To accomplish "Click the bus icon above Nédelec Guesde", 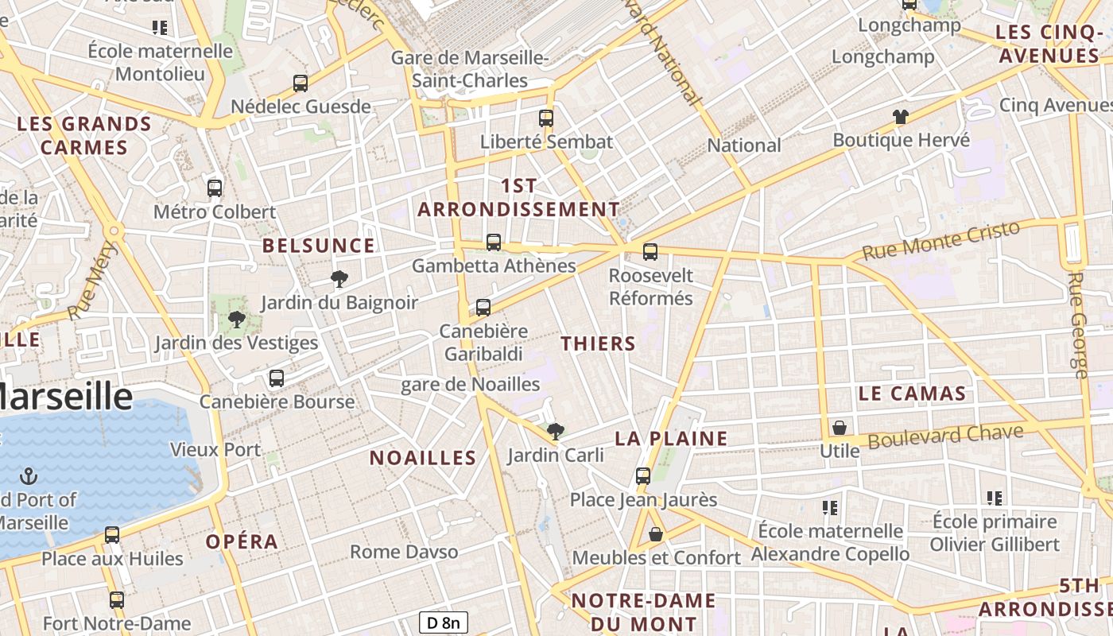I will [301, 83].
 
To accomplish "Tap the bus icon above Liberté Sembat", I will [546, 118].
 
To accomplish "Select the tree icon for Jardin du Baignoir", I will [339, 278].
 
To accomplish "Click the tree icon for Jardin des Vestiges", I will [236, 320].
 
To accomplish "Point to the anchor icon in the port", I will [29, 476].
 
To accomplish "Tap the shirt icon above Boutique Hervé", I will [901, 117].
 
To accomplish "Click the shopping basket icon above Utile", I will [840, 428].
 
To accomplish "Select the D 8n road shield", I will [444, 622].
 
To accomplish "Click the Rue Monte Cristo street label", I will [940, 240].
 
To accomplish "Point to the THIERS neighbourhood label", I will [598, 343].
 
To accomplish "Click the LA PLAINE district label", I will [672, 438].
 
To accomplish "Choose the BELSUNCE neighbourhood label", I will [319, 246].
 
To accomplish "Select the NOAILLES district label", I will [423, 458].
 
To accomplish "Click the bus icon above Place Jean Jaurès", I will [643, 476].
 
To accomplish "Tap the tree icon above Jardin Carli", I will [556, 432].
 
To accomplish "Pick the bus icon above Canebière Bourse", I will [277, 378].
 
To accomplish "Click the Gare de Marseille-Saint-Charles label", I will [470, 69].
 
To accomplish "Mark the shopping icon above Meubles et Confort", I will [656, 534].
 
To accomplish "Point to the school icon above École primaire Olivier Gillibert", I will [995, 498].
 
